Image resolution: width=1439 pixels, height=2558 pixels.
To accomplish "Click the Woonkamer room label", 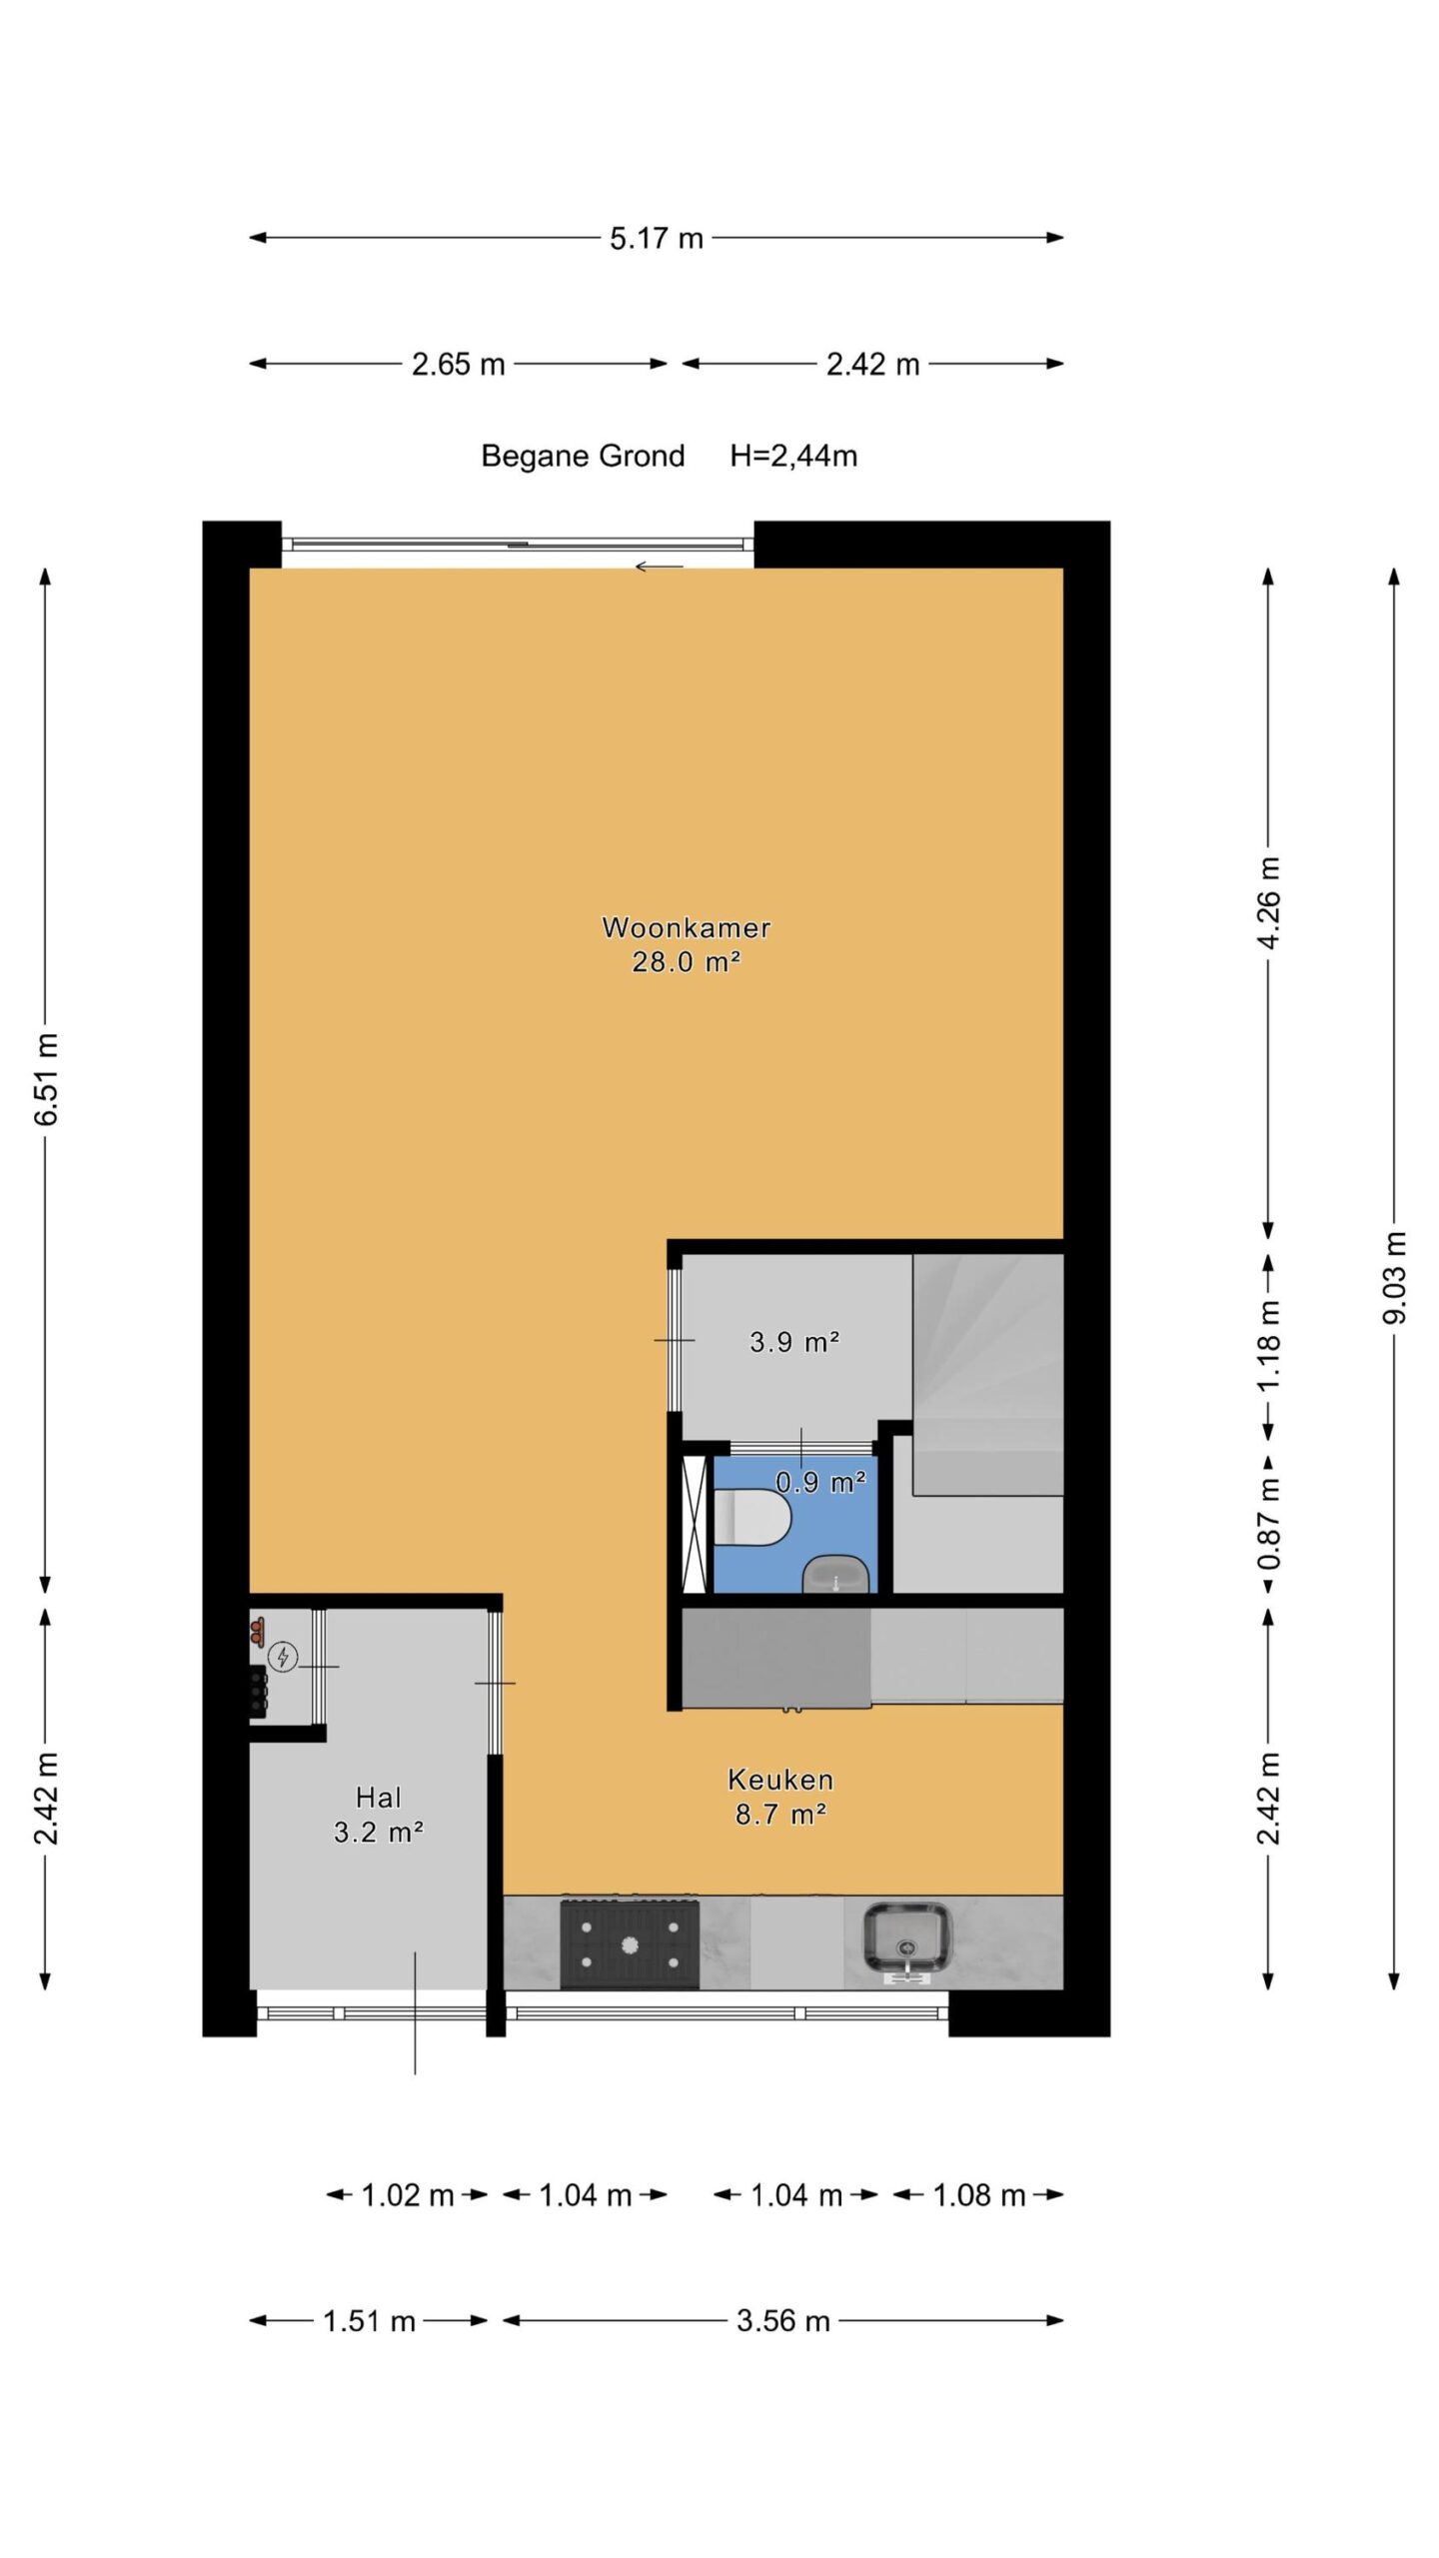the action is [686, 927].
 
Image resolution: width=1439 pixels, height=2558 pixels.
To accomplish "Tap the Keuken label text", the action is [780, 1780].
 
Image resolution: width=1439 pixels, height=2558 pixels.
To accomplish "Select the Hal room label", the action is [379, 1798].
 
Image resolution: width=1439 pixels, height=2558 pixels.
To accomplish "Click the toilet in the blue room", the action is [752, 1517].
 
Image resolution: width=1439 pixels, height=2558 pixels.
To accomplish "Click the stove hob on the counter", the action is [629, 1943].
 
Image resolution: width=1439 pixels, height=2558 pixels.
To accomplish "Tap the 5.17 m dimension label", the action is [657, 239].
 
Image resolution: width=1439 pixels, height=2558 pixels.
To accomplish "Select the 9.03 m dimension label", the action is [1394, 1278].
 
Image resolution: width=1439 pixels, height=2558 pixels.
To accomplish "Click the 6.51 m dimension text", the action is [46, 1079].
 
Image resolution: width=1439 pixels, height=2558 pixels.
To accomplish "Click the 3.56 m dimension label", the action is [783, 2320].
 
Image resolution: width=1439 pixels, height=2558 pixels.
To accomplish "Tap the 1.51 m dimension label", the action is [369, 2320].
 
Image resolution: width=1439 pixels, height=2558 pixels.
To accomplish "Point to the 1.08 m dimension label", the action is [979, 2195].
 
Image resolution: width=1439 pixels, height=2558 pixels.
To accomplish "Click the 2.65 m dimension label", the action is [459, 364].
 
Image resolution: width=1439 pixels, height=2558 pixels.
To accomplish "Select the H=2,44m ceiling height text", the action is [793, 457].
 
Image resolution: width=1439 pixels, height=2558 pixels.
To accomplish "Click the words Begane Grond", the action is [583, 457].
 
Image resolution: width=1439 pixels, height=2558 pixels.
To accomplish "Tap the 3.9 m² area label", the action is [794, 1341].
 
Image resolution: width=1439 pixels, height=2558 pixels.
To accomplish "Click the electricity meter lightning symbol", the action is [284, 1658].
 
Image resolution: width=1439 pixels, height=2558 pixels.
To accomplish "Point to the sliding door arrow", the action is [659, 567].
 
